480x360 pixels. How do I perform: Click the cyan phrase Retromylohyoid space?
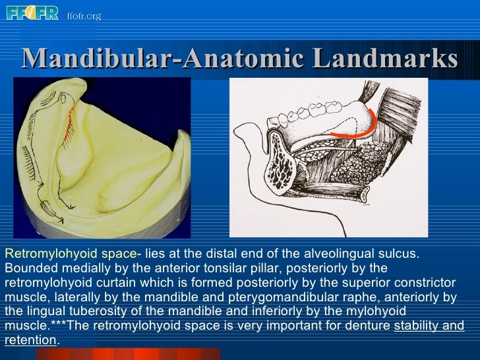[69, 254]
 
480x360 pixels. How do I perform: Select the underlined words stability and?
[429, 326]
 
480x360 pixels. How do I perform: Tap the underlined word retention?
[30, 340]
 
